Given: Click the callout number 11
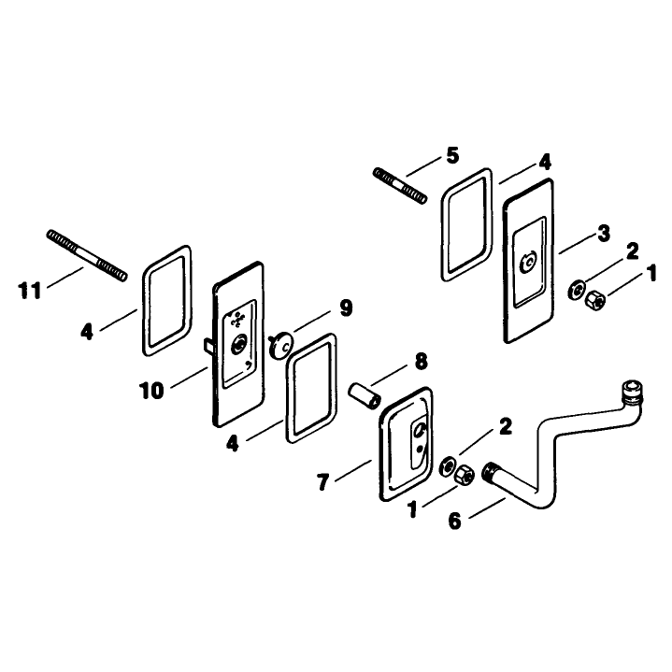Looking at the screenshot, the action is click(x=30, y=291).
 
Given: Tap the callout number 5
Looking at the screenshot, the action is click(x=452, y=155).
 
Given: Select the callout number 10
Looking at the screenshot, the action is click(x=151, y=391).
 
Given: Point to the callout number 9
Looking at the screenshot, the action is click(x=346, y=307).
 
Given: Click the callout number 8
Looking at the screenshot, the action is click(x=422, y=362).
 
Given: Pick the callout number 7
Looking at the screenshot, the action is click(x=322, y=482).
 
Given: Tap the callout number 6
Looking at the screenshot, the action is click(x=455, y=522).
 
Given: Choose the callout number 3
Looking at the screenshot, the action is click(x=604, y=234).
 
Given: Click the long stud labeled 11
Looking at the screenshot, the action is click(x=87, y=256).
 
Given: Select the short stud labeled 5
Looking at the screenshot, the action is click(x=400, y=186).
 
